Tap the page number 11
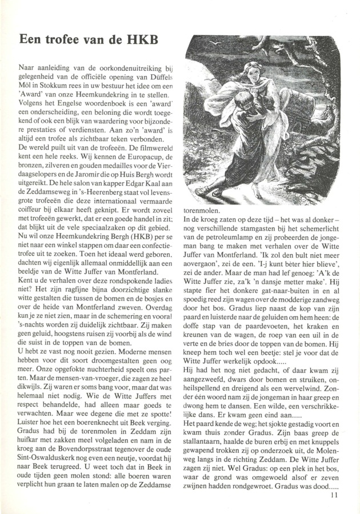[x=334, y=495]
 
